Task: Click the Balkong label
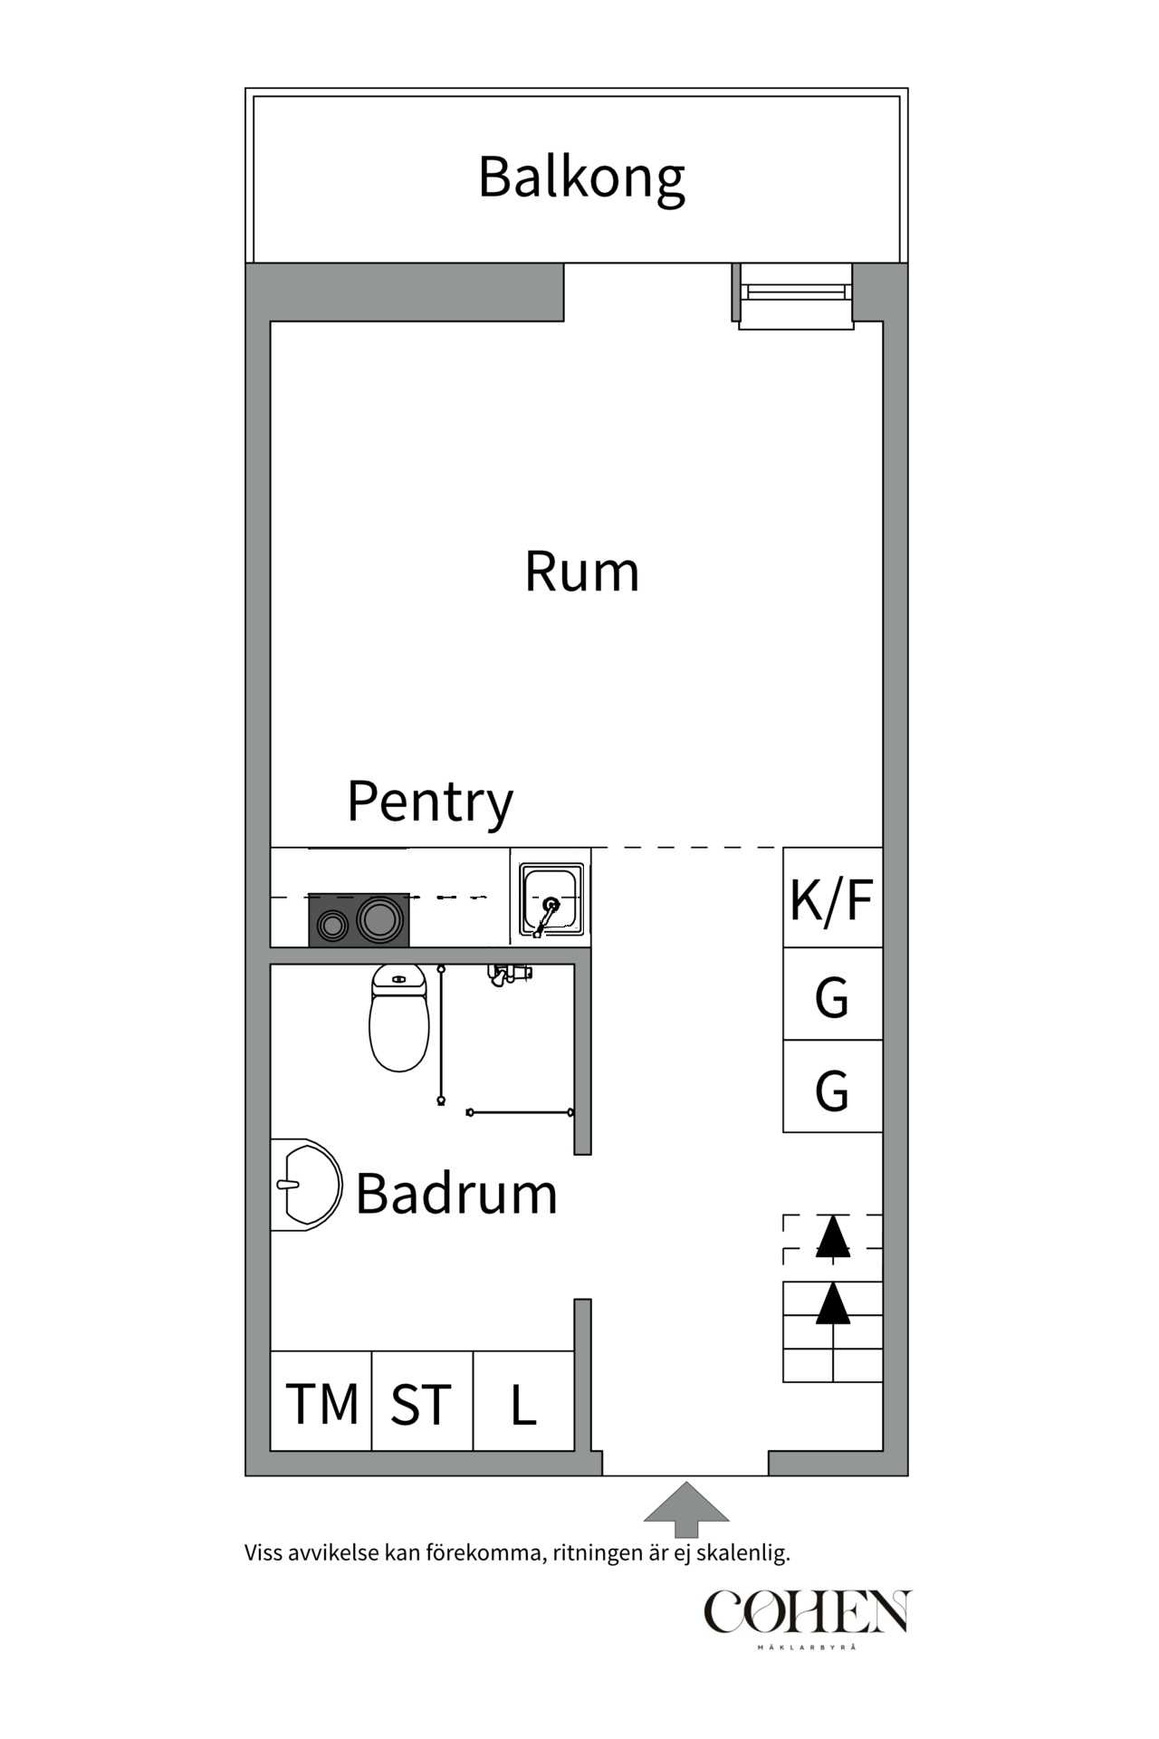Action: click(581, 178)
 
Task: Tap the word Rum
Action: click(581, 572)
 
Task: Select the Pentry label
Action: click(430, 802)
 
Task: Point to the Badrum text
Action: click(455, 1194)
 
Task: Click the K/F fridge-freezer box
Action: click(832, 898)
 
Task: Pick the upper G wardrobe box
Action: click(832, 995)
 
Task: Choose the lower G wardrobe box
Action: click(832, 1088)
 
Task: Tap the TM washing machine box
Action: click(321, 1404)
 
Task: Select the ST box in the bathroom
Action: click(421, 1404)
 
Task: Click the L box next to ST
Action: click(523, 1404)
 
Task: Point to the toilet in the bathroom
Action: click(398, 1019)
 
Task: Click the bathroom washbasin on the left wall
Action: click(306, 1185)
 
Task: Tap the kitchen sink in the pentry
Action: click(551, 899)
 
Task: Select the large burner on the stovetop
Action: click(379, 918)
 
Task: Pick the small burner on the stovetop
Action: click(332, 925)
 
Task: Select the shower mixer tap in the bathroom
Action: click(509, 975)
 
